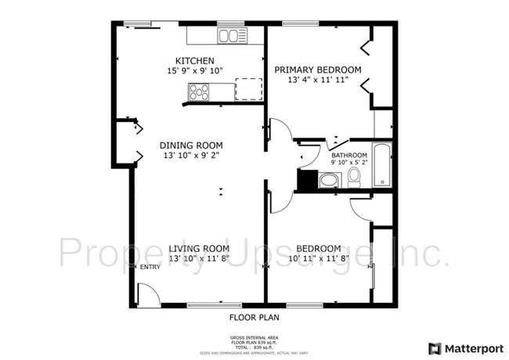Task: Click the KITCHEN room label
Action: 195,61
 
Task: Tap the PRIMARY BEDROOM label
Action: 317,70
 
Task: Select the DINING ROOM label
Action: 191,146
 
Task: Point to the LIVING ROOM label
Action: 199,249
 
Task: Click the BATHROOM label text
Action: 349,155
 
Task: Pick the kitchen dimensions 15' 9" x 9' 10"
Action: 195,71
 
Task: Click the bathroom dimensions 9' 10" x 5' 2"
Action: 349,163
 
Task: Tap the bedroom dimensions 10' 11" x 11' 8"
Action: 319,257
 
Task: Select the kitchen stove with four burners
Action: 199,92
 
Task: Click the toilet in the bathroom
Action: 354,178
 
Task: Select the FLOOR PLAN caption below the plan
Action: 254,318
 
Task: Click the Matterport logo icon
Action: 434,347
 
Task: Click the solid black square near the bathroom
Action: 306,180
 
